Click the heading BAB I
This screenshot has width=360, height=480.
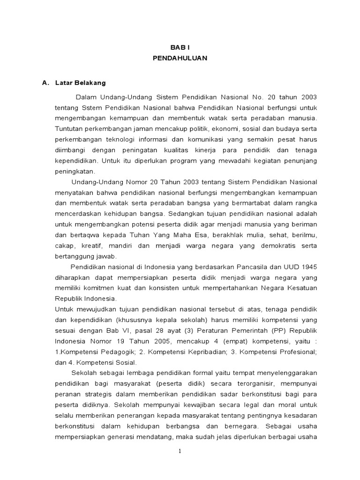[180, 47]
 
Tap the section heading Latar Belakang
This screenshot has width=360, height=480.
[80, 83]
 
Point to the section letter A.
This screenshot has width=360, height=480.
[45, 83]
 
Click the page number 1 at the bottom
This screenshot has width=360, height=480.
[180, 451]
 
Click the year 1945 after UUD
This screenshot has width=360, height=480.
[307, 267]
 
